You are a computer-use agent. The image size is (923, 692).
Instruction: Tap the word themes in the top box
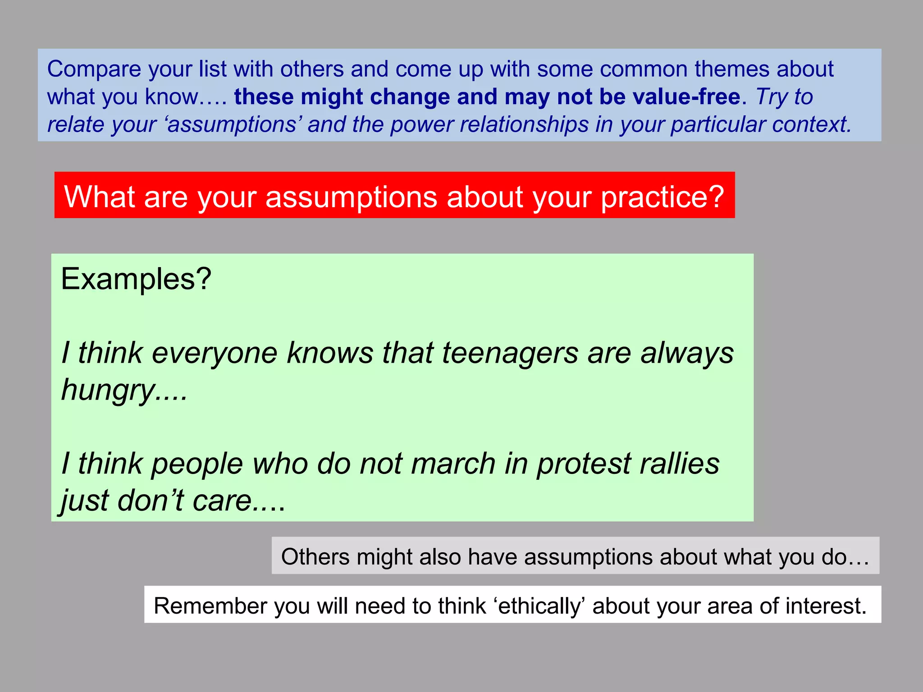pos(731,69)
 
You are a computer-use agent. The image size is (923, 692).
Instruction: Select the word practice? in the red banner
pos(662,197)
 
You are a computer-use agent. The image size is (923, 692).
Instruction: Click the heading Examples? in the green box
pos(136,279)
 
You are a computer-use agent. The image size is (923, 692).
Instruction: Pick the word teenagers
pos(510,353)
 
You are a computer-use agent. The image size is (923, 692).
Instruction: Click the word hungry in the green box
pos(108,390)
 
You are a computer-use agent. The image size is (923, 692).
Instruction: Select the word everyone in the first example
pos(214,353)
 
